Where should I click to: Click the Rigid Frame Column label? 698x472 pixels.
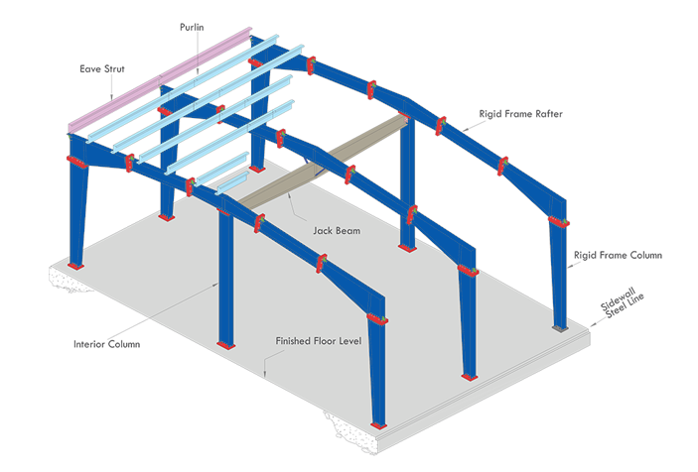[618, 255]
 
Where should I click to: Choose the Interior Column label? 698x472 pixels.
[106, 345]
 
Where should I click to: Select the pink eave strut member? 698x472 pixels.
[159, 88]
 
